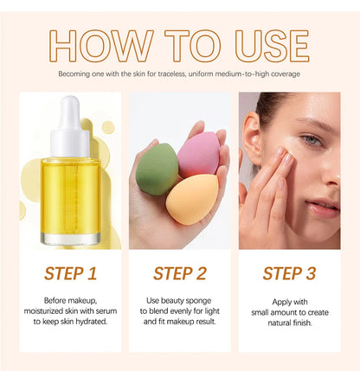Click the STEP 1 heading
[70, 274]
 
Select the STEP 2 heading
[179, 274]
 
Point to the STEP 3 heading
[288, 274]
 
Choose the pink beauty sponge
[198, 154]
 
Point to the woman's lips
[323, 207]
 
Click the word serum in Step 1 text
[103, 309]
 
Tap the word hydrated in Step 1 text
[89, 320]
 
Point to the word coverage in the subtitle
[283, 74]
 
